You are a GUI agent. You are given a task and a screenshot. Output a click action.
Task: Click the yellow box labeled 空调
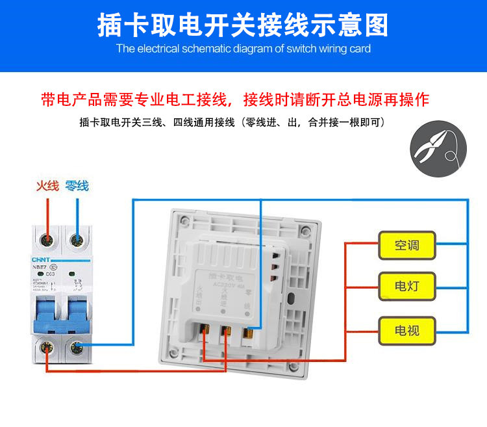pos(406,246)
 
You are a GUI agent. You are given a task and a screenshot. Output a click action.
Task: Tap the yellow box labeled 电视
pos(406,330)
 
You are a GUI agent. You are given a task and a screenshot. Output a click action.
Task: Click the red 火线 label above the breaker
pos(47,186)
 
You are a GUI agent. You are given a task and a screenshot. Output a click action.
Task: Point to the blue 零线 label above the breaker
pos(77,186)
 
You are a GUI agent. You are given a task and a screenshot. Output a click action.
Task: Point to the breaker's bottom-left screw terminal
pos(46,350)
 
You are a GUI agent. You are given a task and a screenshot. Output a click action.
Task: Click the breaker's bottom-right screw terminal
pos(77,350)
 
